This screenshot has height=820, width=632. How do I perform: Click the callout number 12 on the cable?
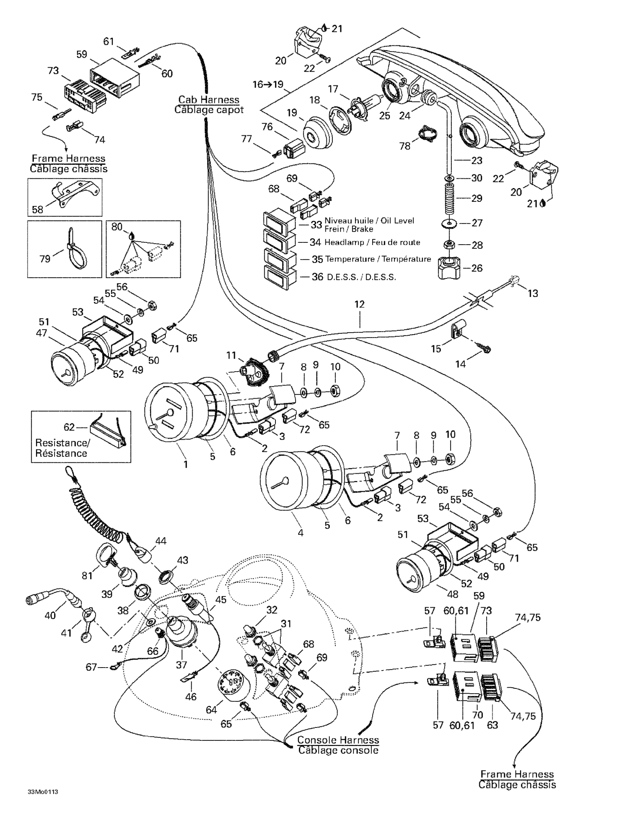click(359, 304)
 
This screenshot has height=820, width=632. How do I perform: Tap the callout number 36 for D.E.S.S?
click(317, 277)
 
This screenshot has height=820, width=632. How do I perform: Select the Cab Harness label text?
click(209, 100)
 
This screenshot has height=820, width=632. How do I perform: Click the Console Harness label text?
click(338, 740)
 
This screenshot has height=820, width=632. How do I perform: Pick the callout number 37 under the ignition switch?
click(181, 665)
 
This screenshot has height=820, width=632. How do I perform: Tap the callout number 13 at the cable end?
click(533, 293)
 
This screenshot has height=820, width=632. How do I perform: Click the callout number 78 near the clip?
click(404, 146)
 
